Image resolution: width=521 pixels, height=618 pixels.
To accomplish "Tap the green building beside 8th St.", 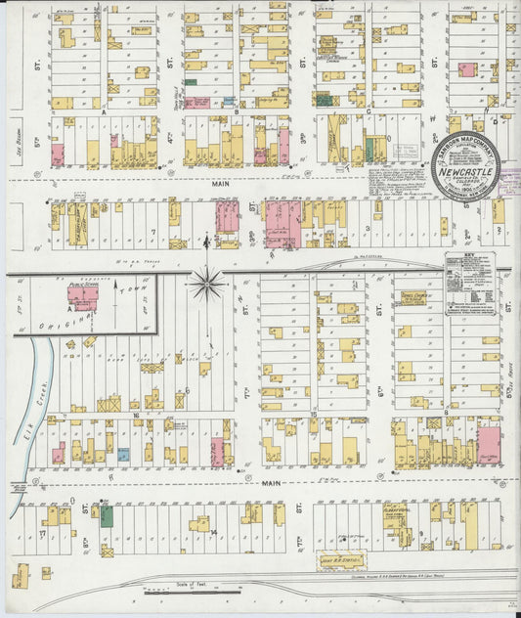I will [106, 515].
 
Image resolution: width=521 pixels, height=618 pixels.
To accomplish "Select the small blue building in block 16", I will [123, 455].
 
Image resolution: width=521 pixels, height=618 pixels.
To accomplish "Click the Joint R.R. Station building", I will [339, 559].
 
